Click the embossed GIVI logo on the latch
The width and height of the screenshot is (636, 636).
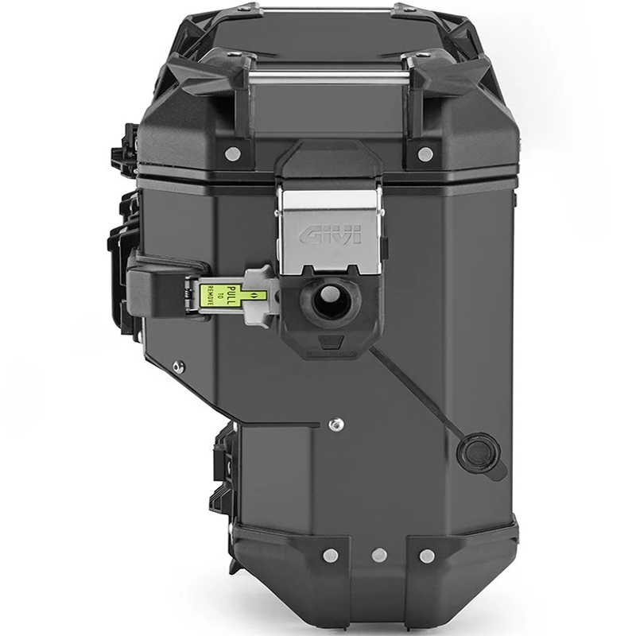tap(332, 235)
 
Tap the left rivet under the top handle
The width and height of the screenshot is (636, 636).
tap(231, 153)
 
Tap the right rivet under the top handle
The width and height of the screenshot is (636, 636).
tap(425, 153)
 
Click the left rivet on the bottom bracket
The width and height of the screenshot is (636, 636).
tap(331, 554)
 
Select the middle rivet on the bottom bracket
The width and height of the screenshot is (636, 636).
tap(379, 554)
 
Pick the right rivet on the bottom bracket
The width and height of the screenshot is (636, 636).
tap(426, 554)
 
